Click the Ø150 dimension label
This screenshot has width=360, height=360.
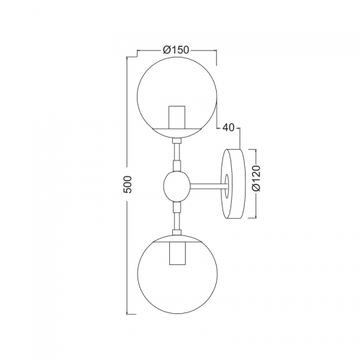(176, 50)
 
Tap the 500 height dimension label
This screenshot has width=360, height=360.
(128, 184)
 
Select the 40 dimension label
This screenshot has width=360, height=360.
(228, 128)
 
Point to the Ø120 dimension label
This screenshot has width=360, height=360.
(256, 178)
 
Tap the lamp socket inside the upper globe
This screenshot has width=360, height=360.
(177, 117)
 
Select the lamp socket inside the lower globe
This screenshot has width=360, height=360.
(177, 253)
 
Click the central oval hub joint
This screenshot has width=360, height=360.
(177, 186)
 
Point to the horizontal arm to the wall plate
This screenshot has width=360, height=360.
(208, 186)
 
